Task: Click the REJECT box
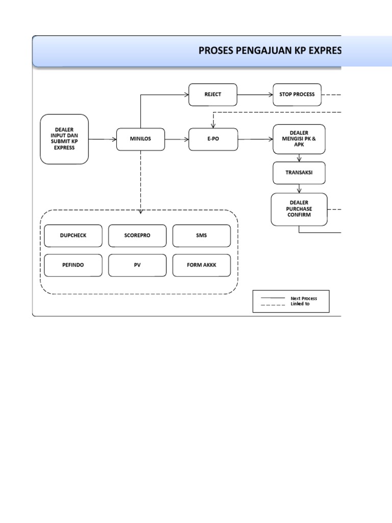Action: tap(213, 94)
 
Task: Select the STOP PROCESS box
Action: tap(297, 94)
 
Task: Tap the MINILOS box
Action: tap(140, 139)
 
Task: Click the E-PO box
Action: tap(213, 139)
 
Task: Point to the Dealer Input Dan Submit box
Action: tap(64, 139)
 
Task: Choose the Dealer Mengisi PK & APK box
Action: tap(299, 139)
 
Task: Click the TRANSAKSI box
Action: tap(299, 173)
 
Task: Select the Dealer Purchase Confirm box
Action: tap(299, 209)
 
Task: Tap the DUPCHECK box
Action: tap(73, 235)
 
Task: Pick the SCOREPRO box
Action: tap(137, 235)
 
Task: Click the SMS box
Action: tap(201, 235)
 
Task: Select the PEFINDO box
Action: tap(73, 265)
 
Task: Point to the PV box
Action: tap(137, 265)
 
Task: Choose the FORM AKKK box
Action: tap(201, 265)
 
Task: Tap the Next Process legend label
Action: tap(304, 298)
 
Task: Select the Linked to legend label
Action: tap(300, 304)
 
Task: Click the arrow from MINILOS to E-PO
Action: tap(177, 139)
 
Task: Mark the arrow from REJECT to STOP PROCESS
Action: tap(255, 94)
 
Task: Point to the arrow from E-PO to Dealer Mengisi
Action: tap(255, 139)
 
